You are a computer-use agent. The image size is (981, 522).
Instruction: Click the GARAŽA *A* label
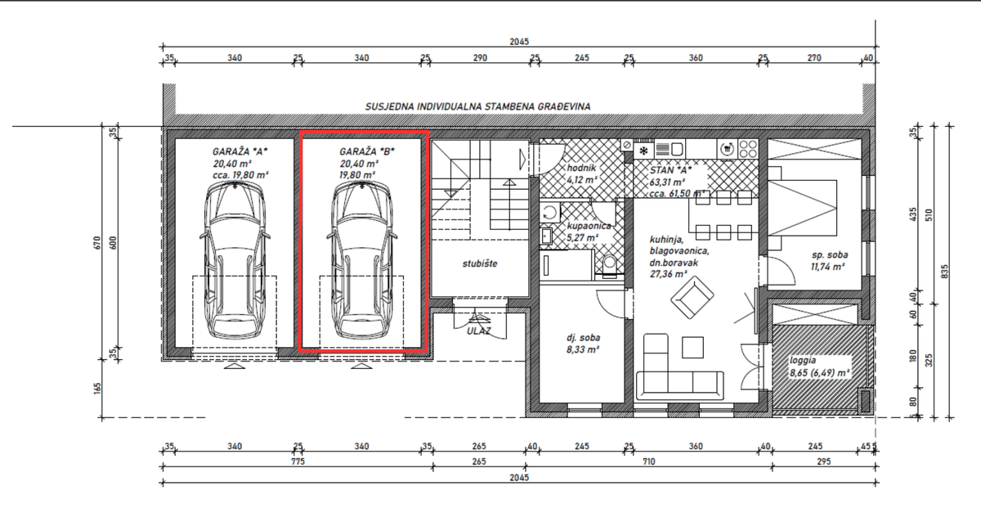240,151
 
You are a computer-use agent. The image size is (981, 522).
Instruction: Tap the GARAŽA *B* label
367,151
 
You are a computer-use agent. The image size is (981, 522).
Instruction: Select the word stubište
480,263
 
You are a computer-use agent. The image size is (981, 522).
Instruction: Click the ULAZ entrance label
479,331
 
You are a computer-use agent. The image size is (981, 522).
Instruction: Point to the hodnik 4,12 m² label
582,173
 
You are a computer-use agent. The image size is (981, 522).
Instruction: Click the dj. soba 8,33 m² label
583,344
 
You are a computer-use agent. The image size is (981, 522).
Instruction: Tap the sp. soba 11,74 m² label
829,260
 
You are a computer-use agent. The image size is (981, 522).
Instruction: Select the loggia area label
819,367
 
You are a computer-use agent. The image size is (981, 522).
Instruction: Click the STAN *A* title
670,170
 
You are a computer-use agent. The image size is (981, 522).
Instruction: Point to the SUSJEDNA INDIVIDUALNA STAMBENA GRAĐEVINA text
477,106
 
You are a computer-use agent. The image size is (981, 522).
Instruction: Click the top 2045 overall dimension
519,42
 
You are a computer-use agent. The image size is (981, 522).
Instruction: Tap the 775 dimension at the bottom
298,461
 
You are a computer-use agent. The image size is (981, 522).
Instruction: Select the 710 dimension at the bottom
648,461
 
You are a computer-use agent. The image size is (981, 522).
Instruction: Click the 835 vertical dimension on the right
944,272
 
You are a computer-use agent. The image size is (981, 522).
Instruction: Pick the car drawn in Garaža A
235,260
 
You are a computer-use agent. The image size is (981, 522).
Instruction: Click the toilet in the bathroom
609,266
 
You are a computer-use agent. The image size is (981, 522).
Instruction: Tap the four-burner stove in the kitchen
748,149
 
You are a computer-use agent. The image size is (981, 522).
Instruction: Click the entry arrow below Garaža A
235,366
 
